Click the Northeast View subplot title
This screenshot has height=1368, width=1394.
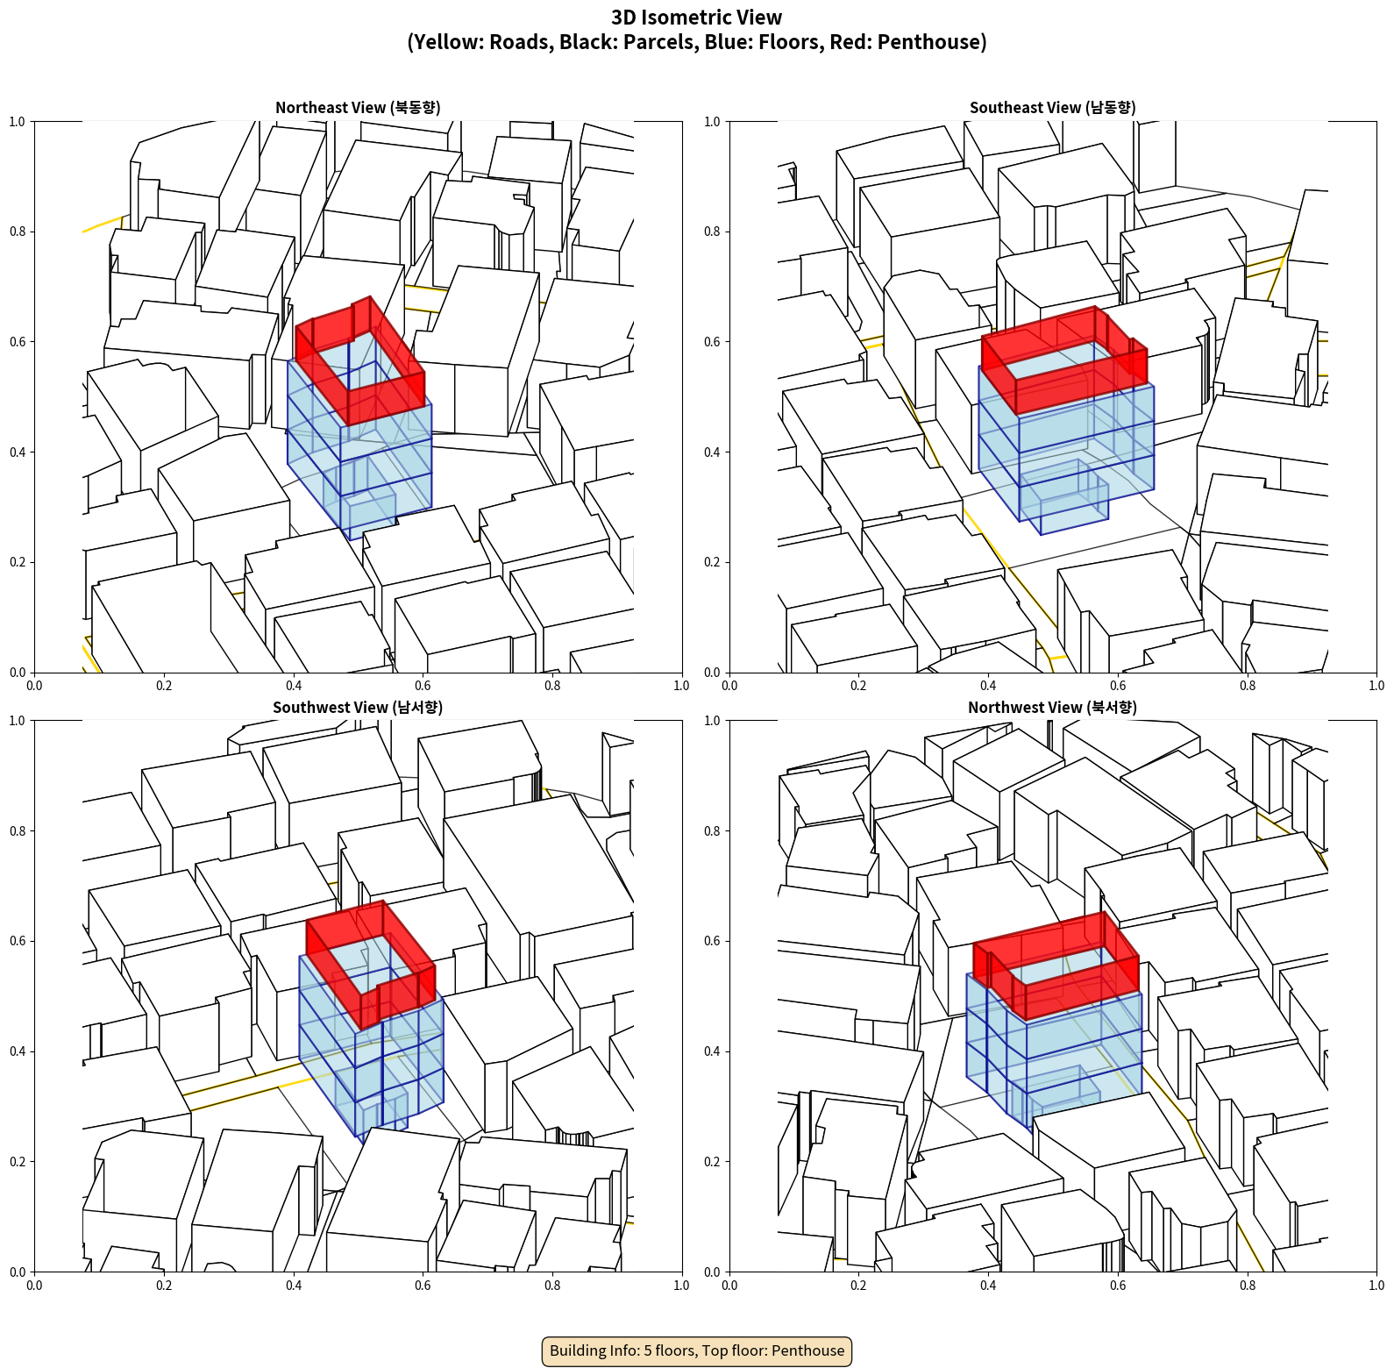tap(358, 108)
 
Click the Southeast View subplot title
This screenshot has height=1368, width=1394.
tap(1052, 108)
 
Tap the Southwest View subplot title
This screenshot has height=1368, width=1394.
tap(358, 708)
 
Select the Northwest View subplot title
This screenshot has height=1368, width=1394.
tap(1052, 708)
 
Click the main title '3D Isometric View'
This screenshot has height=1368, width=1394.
tap(697, 18)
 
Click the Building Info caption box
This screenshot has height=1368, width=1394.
tap(697, 1350)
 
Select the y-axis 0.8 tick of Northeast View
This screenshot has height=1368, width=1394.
tap(18, 232)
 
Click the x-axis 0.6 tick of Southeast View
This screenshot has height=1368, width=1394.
tap(1118, 686)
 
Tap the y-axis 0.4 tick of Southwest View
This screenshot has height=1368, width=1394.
tap(18, 1051)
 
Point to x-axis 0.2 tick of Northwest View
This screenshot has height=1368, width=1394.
tap(858, 1286)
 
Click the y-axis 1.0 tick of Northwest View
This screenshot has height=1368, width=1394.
tap(712, 721)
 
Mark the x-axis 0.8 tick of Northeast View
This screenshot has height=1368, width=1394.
tap(552, 686)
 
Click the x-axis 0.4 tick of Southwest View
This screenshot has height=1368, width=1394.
tap(294, 1286)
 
